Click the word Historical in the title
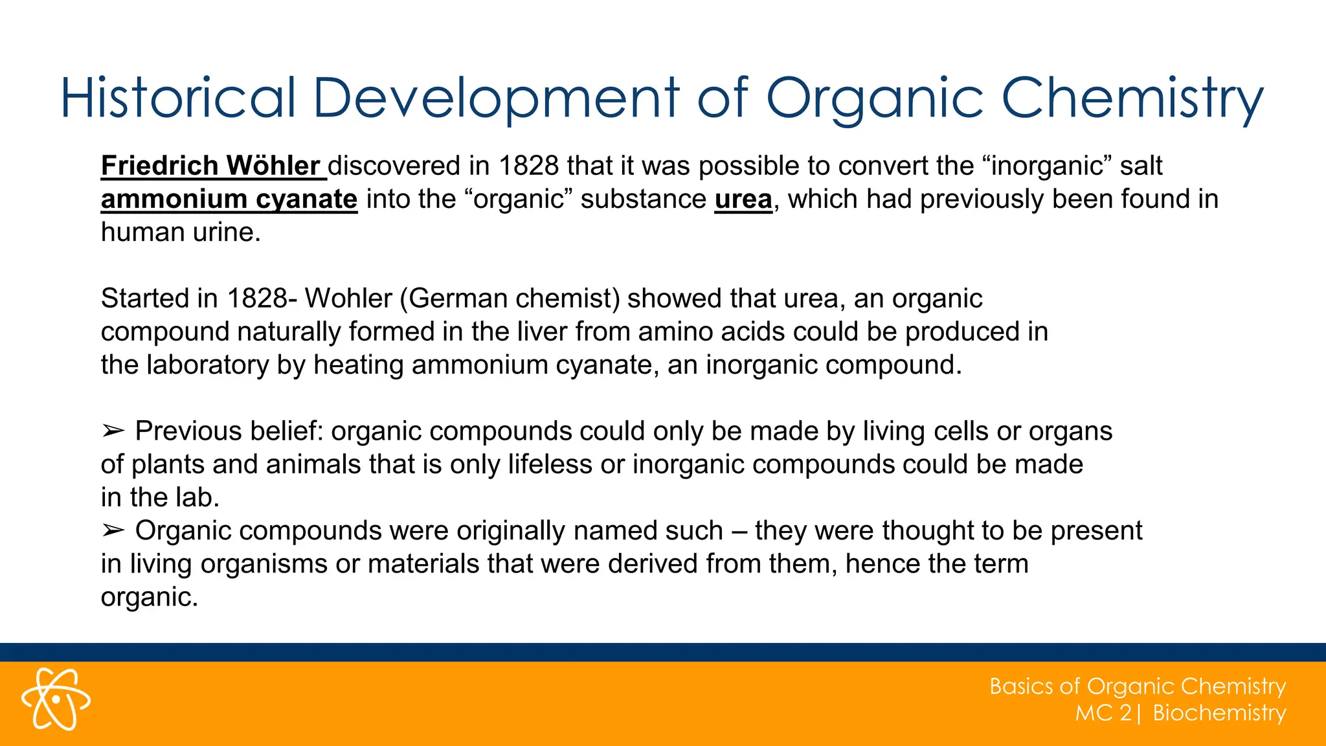click(x=178, y=98)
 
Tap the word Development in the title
click(x=496, y=98)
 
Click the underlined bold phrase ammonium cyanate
click(x=229, y=199)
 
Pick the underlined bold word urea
click(x=743, y=199)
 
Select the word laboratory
click(x=207, y=365)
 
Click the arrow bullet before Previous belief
click(x=113, y=431)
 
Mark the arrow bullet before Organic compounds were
click(x=113, y=530)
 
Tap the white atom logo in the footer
click(x=56, y=699)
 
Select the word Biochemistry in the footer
click(x=1219, y=713)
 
